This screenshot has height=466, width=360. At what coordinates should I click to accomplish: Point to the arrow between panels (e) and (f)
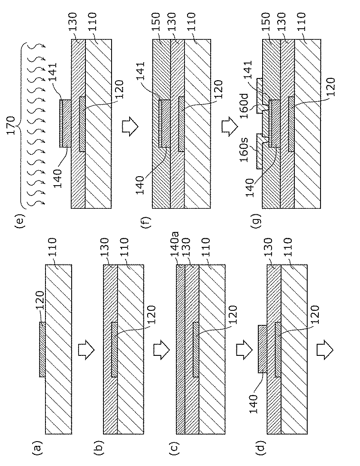tap(128, 126)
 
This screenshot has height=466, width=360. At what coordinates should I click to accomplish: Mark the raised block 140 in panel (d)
tap(262, 349)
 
